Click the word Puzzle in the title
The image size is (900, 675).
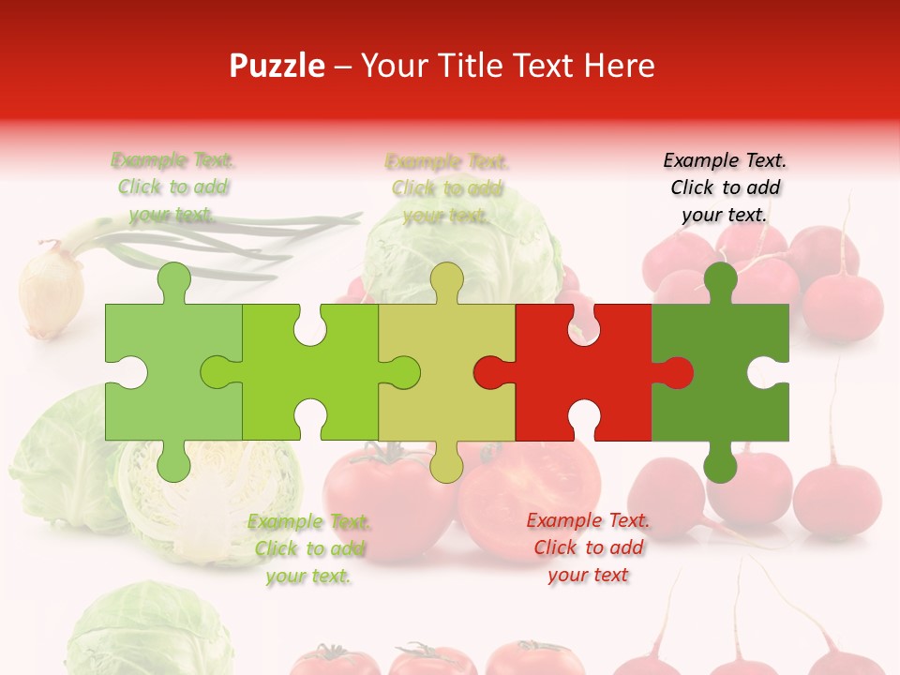[277, 66]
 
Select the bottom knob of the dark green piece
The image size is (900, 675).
[720, 463]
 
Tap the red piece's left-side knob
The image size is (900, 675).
[489, 372]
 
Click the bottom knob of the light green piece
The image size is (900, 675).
[173, 463]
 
